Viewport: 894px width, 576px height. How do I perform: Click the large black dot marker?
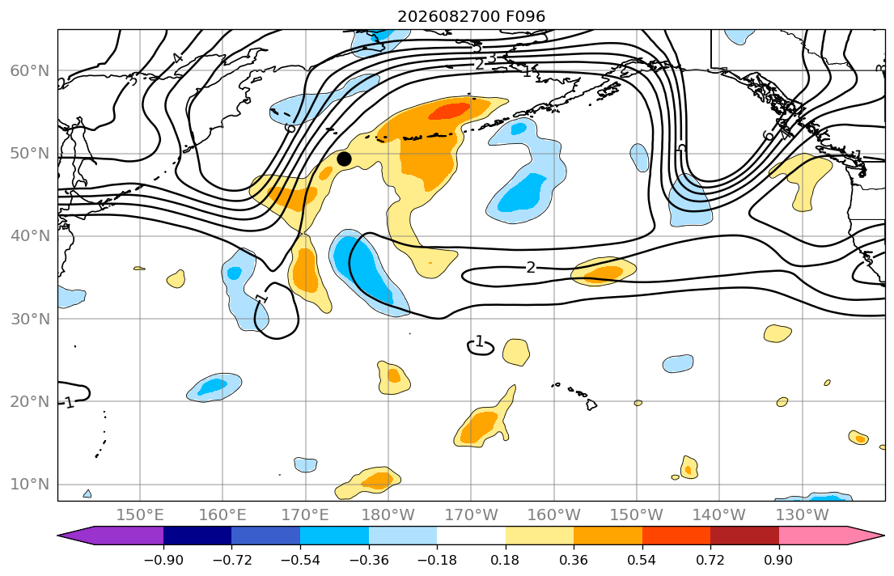pyautogui.click(x=344, y=159)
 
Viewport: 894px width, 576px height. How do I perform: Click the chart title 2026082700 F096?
pyautogui.click(x=471, y=16)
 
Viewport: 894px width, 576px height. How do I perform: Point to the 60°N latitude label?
pyautogui.click(x=30, y=70)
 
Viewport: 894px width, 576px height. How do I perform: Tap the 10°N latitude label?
pyautogui.click(x=30, y=485)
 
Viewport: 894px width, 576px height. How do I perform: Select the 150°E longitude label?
pyautogui.click(x=140, y=515)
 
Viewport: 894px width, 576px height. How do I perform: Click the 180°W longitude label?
pyautogui.click(x=388, y=515)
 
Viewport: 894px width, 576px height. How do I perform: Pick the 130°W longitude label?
pyautogui.click(x=803, y=515)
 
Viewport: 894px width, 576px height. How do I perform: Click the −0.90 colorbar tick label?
pyautogui.click(x=163, y=560)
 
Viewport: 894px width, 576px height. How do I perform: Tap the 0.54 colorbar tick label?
pyautogui.click(x=642, y=560)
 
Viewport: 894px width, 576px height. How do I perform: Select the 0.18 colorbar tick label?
pyautogui.click(x=505, y=560)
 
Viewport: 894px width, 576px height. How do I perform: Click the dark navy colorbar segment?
pyautogui.click(x=197, y=536)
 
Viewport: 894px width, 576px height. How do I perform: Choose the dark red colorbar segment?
pyautogui.click(x=744, y=536)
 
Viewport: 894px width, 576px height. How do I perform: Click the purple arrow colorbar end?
pyautogui.click(x=111, y=536)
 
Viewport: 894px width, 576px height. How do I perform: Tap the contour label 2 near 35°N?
pyautogui.click(x=531, y=268)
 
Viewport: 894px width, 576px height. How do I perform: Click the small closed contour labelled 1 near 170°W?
pyautogui.click(x=480, y=346)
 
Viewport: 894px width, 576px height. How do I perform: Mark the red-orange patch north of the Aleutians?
pyautogui.click(x=450, y=111)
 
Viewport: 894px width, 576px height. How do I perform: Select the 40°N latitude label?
pyautogui.click(x=30, y=236)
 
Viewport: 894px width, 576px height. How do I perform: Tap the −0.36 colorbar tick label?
pyautogui.click(x=368, y=560)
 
